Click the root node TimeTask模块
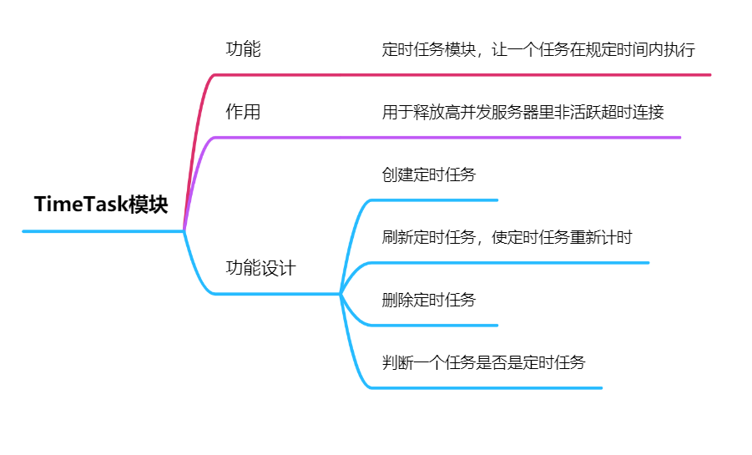[x=101, y=205]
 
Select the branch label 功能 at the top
[x=243, y=49]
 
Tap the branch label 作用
[x=243, y=112]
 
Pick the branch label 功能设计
[x=260, y=268]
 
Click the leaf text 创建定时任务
[x=429, y=175]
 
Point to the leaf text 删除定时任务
[x=429, y=300]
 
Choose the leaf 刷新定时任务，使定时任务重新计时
[x=507, y=237]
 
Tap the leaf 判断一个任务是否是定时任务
[x=483, y=362]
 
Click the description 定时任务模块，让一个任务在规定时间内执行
[x=538, y=49]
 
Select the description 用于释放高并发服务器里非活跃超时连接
[x=522, y=112]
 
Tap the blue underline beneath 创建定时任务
[x=434, y=200]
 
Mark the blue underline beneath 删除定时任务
[x=434, y=325]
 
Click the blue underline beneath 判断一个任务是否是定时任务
[x=484, y=387]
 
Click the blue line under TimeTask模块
[x=100, y=230]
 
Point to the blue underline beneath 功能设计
[x=275, y=293]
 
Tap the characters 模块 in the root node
[x=148, y=205]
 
